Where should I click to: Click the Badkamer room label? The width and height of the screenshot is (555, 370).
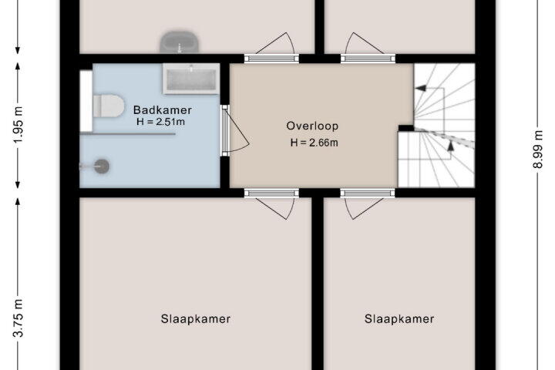click(x=163, y=109)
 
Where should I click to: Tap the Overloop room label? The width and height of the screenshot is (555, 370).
click(x=312, y=126)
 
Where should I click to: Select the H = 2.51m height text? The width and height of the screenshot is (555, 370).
click(x=160, y=122)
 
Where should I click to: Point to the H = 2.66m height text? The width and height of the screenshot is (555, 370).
click(x=314, y=143)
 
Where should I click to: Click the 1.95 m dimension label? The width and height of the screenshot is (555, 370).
click(x=18, y=124)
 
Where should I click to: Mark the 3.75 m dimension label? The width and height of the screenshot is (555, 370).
click(x=18, y=318)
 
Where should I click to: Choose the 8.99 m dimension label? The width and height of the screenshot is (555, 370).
click(x=538, y=150)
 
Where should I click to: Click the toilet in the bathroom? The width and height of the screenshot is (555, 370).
click(x=109, y=106)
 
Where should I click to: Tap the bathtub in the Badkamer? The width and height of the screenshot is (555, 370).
click(x=191, y=79)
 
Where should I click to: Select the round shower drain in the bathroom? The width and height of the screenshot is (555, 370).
click(x=102, y=166)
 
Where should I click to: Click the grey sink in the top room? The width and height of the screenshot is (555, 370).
click(x=180, y=42)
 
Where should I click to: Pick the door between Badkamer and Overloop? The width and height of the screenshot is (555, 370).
click(x=235, y=131)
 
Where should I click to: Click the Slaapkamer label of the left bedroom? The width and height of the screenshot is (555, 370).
click(x=196, y=319)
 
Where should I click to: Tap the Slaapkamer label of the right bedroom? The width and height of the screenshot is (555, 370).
click(x=399, y=319)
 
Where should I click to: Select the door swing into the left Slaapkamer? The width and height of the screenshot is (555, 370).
click(x=276, y=208)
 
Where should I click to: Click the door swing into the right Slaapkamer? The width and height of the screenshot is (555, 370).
click(x=364, y=208)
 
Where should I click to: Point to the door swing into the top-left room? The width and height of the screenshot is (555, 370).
click(x=276, y=43)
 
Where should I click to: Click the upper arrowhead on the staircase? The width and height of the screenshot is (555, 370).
click(x=421, y=88)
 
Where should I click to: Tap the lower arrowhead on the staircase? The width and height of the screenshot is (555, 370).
click(x=450, y=146)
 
